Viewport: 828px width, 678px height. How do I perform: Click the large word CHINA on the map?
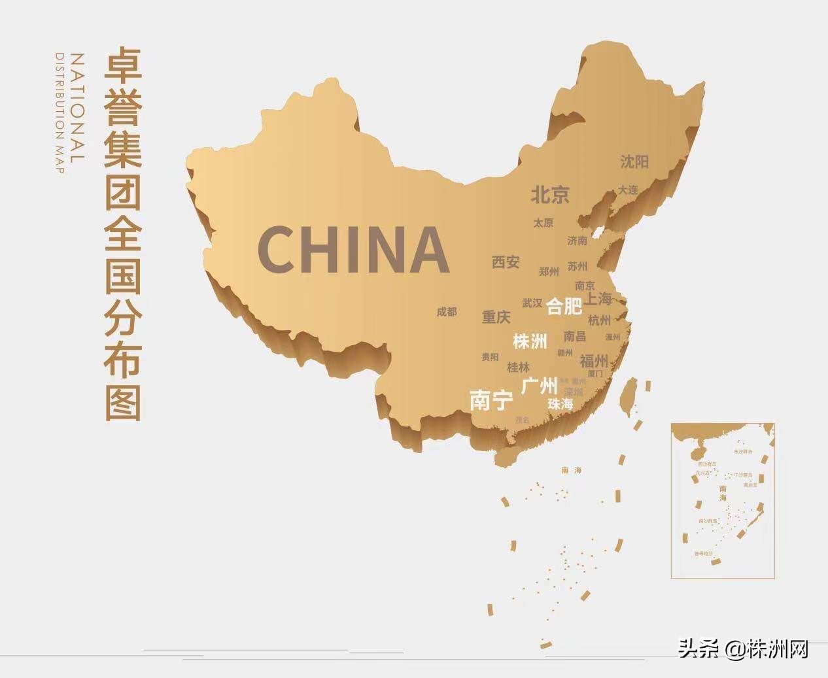pyautogui.click(x=353, y=249)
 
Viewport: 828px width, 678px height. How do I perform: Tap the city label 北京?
pyautogui.click(x=549, y=194)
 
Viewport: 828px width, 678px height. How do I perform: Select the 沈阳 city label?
pyautogui.click(x=634, y=161)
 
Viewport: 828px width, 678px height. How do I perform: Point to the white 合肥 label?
pyautogui.click(x=564, y=306)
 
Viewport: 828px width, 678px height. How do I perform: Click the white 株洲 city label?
pyautogui.click(x=530, y=341)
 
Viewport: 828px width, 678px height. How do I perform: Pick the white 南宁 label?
pyautogui.click(x=491, y=399)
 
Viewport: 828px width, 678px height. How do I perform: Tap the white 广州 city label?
pyautogui.click(x=540, y=385)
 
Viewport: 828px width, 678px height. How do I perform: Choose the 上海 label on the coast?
pyautogui.click(x=598, y=299)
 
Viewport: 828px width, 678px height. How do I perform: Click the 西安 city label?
pyautogui.click(x=506, y=262)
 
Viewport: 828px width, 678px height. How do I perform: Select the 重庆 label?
pyautogui.click(x=496, y=317)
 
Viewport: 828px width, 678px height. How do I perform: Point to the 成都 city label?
pyautogui.click(x=447, y=312)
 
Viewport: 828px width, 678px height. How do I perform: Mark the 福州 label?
pyautogui.click(x=594, y=360)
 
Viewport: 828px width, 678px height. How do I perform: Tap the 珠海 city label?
pyautogui.click(x=561, y=404)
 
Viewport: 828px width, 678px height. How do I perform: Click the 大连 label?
pyautogui.click(x=628, y=190)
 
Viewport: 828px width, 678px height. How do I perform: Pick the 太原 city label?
pyautogui.click(x=543, y=223)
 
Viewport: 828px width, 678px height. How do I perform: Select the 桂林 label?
pyautogui.click(x=518, y=367)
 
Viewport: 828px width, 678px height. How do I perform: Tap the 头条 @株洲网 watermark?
pyautogui.click(x=743, y=650)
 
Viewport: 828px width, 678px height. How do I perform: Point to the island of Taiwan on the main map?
pyautogui.click(x=629, y=397)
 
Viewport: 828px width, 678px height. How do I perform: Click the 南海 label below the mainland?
pyautogui.click(x=571, y=470)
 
